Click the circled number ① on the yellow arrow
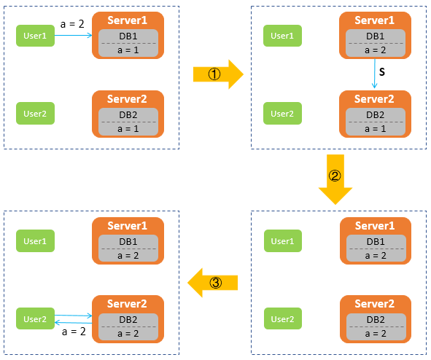pos(214,74)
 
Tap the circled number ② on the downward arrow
pos(335,176)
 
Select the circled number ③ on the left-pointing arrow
pos(216,283)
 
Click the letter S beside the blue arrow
pos(382,72)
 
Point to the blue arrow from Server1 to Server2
pos(374,74)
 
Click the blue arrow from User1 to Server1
pos(73,35)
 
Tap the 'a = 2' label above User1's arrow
pos(72,24)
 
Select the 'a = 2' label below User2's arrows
pos(74,332)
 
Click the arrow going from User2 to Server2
pos(73,316)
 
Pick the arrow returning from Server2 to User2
pos(73,323)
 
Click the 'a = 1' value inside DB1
pos(128,50)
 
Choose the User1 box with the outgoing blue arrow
pos(35,36)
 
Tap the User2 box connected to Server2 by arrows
pos(35,318)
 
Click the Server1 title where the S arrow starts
pos(374,20)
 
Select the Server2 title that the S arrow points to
pos(374,99)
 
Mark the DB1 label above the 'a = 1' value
pos(128,36)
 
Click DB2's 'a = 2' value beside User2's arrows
pos(128,334)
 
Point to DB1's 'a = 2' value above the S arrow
pos(375,50)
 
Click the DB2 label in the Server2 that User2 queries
pos(128,320)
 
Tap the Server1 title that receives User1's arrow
pos(128,20)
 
